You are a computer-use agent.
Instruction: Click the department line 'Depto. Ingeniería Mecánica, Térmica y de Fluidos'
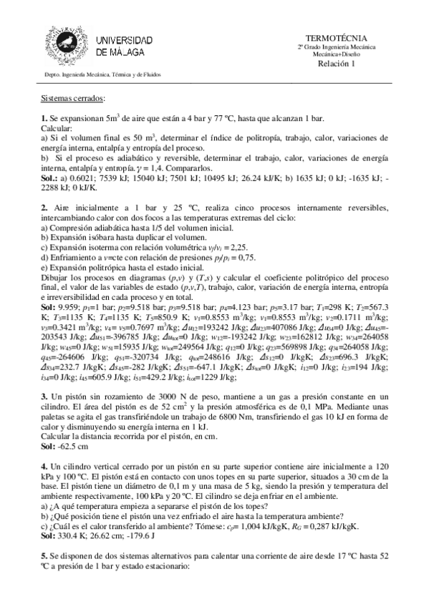[x=102, y=74]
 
